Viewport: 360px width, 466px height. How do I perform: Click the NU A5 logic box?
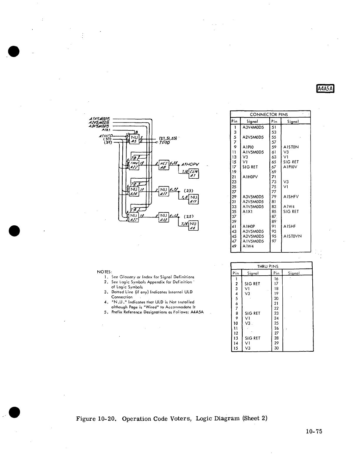134,139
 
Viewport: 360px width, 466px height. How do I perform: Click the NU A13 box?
164,217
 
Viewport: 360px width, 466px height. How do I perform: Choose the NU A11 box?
194,199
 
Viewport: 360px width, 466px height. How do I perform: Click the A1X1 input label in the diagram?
106,130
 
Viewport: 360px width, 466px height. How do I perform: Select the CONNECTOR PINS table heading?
269,114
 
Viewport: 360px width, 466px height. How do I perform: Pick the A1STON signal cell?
291,147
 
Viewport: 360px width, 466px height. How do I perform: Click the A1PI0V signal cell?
291,167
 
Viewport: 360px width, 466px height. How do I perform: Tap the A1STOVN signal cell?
292,236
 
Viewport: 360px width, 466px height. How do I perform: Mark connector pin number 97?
274,241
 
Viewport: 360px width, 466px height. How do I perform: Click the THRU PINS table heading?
268,266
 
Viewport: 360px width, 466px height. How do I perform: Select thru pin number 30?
276,348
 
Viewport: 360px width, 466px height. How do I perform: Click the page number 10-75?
314,431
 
